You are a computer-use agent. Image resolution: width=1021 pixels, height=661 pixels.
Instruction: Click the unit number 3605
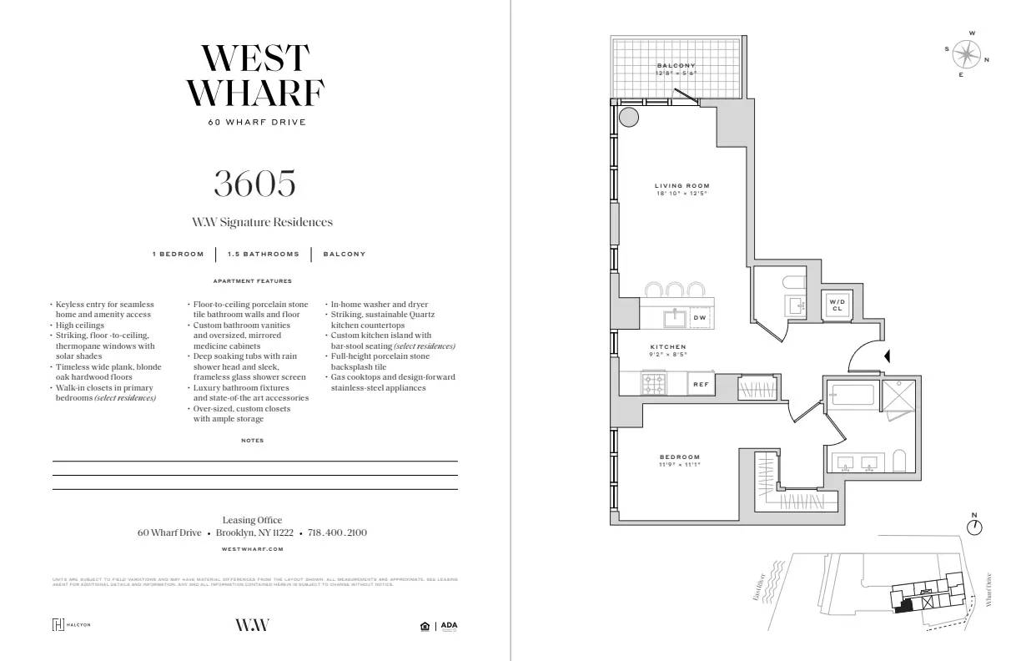254,184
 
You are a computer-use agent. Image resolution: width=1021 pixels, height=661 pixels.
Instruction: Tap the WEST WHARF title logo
254,75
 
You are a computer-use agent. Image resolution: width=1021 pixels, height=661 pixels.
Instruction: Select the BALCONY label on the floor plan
676,66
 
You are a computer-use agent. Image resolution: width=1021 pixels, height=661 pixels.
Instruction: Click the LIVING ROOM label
681,186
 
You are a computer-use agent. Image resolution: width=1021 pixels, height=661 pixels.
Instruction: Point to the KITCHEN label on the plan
668,346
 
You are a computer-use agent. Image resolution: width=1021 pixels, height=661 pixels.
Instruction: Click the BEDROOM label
680,457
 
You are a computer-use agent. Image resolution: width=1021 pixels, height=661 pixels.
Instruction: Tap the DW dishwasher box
699,318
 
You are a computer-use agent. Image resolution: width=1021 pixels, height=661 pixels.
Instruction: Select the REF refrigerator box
701,385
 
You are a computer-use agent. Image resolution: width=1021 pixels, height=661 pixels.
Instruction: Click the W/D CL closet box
837,305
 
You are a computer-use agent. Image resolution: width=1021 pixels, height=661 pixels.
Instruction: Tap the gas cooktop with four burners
653,384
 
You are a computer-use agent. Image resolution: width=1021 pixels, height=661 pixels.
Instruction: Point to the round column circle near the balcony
629,117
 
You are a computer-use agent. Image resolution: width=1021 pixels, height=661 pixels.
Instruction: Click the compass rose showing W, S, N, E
967,55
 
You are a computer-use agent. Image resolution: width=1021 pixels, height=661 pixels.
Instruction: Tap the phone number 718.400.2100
337,532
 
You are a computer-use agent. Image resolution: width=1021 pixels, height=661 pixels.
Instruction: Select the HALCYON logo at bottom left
71,625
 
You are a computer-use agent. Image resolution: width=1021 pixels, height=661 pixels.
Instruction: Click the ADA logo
449,625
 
